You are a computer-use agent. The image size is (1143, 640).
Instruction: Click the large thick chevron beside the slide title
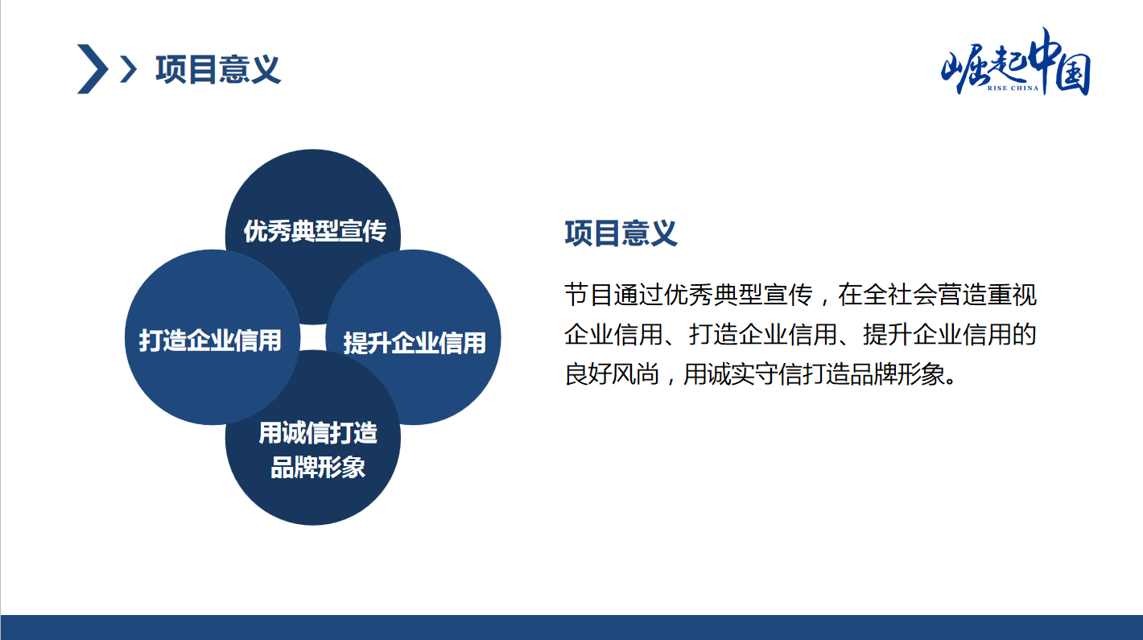93,69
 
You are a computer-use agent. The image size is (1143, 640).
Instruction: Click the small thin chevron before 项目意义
129,69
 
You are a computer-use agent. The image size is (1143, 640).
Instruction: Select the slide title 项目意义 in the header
218,69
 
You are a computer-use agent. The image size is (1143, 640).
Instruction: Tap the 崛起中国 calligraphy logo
1016,62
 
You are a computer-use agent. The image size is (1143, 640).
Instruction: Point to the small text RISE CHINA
1013,89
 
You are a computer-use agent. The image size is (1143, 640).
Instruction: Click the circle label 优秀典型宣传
315,231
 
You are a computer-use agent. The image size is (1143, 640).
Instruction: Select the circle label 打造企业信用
210,341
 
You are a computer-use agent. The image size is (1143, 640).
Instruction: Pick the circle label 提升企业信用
415,343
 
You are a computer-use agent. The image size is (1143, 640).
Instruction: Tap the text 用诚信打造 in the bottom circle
318,433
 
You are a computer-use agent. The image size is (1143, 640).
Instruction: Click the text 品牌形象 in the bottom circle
318,467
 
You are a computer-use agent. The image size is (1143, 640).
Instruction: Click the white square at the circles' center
313,337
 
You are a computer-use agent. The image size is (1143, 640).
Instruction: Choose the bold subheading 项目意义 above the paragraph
621,233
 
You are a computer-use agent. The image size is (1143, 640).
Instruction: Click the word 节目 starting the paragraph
588,295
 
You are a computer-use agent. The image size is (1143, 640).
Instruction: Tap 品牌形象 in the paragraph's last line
897,374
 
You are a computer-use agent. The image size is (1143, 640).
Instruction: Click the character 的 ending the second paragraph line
1025,334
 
